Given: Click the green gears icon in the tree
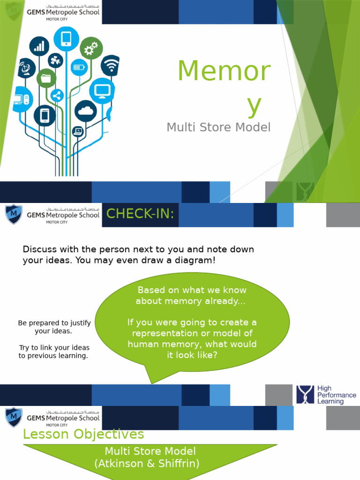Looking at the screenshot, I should [91, 47].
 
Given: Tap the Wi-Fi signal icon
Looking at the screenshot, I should [111, 65].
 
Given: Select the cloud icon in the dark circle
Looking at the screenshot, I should [85, 111].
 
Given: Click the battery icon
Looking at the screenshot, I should [79, 67].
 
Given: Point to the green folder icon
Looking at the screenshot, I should [46, 78].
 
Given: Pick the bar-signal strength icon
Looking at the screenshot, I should [39, 46].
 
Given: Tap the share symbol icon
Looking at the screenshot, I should [57, 96].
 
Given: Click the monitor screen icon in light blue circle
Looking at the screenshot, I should [102, 90].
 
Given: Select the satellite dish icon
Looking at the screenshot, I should [26, 68].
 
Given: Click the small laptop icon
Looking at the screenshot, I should [78, 131].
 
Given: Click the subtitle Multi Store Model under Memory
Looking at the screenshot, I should [218, 127].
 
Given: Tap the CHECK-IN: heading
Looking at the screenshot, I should [140, 214].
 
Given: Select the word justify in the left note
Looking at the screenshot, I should [79, 323].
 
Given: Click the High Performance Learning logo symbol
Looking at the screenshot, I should [305, 395].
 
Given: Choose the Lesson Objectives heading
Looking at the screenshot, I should [83, 434].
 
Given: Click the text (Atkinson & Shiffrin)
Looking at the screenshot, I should [147, 464].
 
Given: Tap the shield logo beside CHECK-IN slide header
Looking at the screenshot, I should [14, 214].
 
